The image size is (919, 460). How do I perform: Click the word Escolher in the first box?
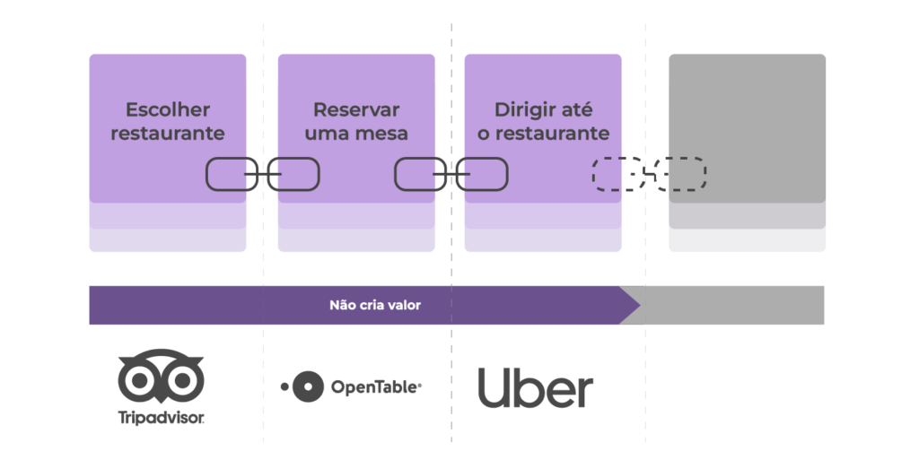(168, 109)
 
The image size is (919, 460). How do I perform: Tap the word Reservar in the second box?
(356, 109)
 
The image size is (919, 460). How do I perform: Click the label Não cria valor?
(375, 305)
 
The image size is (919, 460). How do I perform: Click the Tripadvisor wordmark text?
(161, 418)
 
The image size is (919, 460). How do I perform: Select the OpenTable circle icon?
(307, 386)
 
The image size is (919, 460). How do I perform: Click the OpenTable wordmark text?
(376, 387)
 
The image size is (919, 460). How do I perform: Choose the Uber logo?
(536, 388)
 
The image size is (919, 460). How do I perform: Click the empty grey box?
(748, 129)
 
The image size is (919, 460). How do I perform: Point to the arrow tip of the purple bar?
(641, 305)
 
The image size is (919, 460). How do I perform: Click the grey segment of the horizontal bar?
(732, 305)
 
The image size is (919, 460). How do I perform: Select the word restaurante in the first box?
(168, 134)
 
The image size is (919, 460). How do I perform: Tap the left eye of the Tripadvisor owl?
(139, 380)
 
